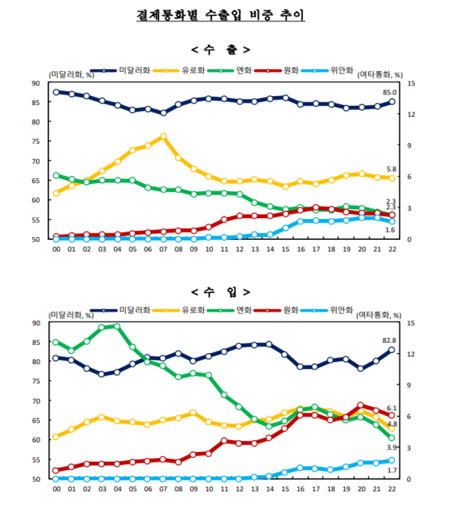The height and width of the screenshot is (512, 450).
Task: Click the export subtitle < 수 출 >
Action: pos(223,50)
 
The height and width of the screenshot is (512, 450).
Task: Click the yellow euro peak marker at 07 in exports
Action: pos(163,136)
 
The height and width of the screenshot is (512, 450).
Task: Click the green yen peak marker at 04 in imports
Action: pos(116,326)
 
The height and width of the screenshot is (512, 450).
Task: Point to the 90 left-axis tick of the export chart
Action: pos(36,82)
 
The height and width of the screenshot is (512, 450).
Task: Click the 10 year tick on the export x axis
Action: pos(209,249)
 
